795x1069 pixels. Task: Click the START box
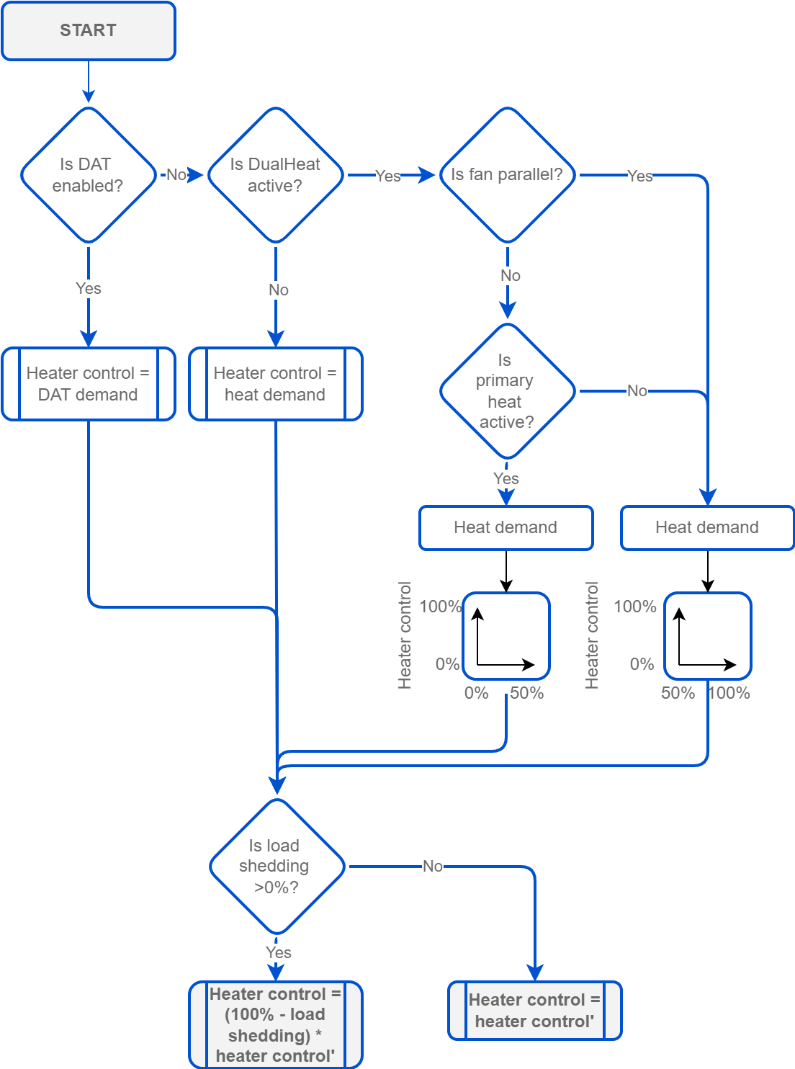pyautogui.click(x=89, y=31)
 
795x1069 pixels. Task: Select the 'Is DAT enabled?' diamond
pyautogui.click(x=89, y=175)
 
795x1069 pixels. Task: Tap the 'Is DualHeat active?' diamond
pyautogui.click(x=275, y=175)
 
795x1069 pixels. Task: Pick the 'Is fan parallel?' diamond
pyautogui.click(x=507, y=175)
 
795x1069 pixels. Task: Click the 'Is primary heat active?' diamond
pyautogui.click(x=507, y=391)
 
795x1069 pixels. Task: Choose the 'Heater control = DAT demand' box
pyautogui.click(x=89, y=384)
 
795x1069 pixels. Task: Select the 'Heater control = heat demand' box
pyautogui.click(x=275, y=384)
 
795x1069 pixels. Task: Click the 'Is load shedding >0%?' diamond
pyautogui.click(x=277, y=867)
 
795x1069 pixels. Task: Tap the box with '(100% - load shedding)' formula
pyautogui.click(x=275, y=1024)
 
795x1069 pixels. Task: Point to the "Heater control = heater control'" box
pyautogui.click(x=534, y=1011)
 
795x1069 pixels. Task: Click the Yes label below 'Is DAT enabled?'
pyautogui.click(x=89, y=289)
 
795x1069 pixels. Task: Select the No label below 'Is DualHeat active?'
pyautogui.click(x=279, y=290)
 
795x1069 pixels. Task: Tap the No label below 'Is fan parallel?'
pyautogui.click(x=511, y=276)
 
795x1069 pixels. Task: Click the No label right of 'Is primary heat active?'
pyautogui.click(x=637, y=391)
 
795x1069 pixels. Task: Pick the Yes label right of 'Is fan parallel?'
pyautogui.click(x=640, y=176)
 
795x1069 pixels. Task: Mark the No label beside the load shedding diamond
pyautogui.click(x=433, y=867)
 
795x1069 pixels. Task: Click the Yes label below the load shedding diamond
pyautogui.click(x=279, y=953)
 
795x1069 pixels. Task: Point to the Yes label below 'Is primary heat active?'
pyautogui.click(x=506, y=479)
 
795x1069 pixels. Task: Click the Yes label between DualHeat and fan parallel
pyautogui.click(x=388, y=176)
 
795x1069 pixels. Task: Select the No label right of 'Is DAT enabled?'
pyautogui.click(x=176, y=175)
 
